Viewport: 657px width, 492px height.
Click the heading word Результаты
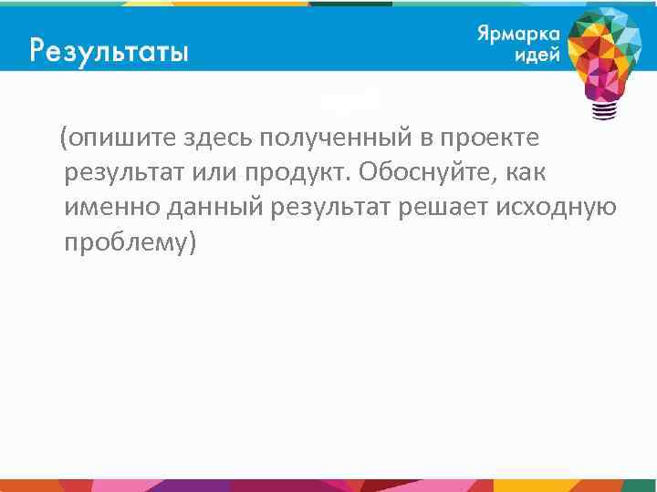109,49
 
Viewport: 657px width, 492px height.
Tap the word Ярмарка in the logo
516,33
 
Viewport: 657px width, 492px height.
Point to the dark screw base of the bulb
603,109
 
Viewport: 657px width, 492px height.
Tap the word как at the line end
525,173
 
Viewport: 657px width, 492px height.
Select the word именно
112,208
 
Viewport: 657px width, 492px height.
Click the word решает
440,208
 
